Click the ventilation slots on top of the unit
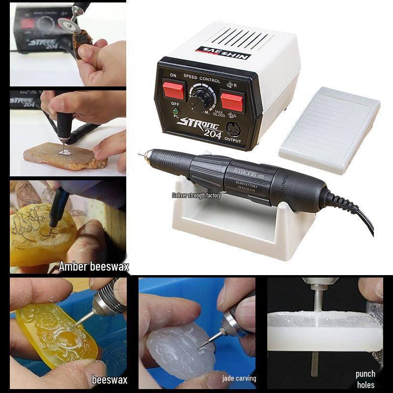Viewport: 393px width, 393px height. (243, 36)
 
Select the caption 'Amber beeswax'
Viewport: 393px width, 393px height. (94, 267)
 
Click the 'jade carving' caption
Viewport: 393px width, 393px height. (239, 378)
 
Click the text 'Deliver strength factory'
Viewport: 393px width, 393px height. (196, 196)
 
